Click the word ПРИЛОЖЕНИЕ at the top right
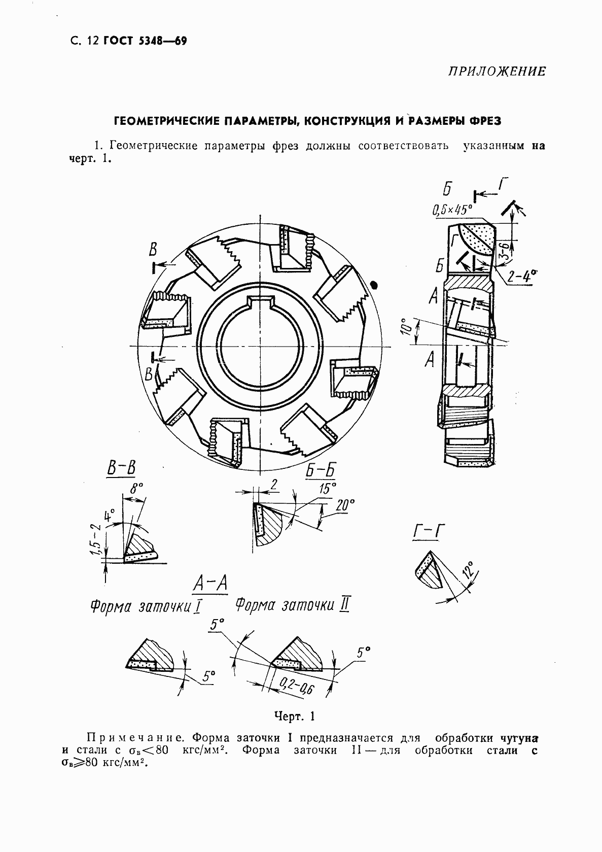(x=497, y=72)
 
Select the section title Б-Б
(x=321, y=470)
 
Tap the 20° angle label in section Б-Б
(x=345, y=505)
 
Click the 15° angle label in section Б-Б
(x=328, y=489)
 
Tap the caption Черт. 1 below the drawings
(x=295, y=717)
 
